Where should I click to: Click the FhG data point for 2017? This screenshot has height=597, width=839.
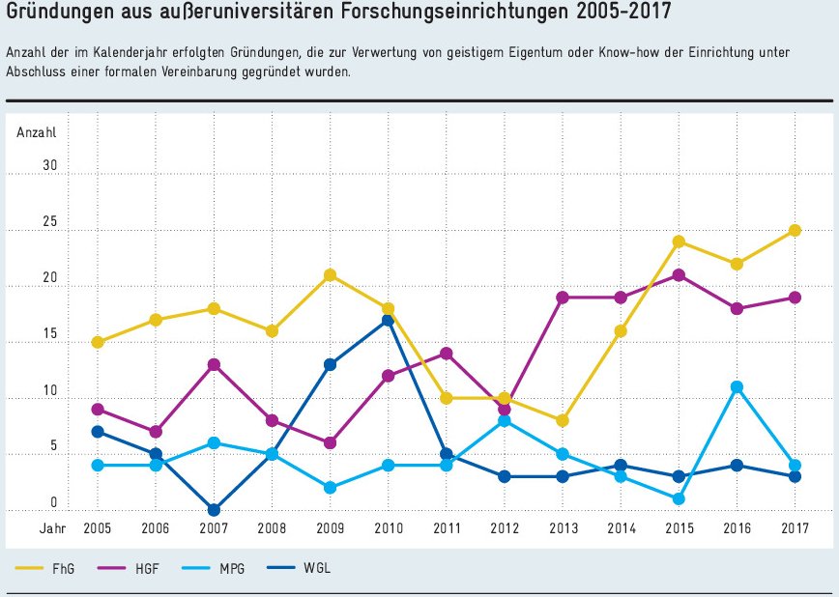(795, 230)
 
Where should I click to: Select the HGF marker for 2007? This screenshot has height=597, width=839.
(214, 364)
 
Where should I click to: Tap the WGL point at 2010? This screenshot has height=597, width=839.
(388, 320)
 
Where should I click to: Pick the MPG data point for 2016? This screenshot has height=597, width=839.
(737, 387)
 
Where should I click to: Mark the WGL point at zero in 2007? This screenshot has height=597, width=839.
(214, 510)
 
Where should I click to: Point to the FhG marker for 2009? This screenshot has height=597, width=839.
(330, 275)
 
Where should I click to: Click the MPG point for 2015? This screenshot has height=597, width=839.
(679, 499)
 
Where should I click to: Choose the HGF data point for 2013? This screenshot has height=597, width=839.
(563, 298)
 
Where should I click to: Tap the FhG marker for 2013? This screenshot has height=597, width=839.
(563, 420)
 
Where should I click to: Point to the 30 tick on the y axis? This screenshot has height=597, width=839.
(49, 166)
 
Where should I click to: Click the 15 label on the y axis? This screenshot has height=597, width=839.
(49, 334)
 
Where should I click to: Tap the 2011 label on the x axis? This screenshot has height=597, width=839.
(446, 529)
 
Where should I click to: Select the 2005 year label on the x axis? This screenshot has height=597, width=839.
(97, 529)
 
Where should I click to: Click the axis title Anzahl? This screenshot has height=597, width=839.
(37, 132)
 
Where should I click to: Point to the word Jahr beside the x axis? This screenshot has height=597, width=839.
(52, 529)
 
